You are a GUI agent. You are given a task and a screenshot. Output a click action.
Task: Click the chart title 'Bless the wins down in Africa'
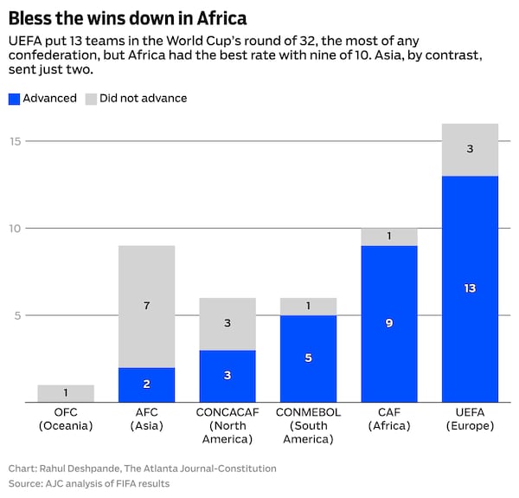(127, 18)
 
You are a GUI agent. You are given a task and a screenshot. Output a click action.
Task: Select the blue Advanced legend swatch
(14, 99)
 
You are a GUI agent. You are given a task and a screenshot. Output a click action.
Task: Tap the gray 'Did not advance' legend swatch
(91, 99)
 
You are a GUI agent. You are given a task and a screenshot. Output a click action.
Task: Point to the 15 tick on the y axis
(16, 141)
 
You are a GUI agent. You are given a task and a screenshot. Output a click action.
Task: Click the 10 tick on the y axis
(16, 229)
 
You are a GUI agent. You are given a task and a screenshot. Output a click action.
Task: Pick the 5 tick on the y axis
(17, 315)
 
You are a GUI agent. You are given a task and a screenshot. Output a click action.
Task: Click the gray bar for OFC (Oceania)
(66, 393)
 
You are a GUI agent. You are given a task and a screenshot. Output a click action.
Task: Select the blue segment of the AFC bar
(147, 385)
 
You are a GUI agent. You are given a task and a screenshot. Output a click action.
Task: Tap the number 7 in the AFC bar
(147, 305)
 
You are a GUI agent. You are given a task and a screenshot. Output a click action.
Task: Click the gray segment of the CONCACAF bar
(227, 324)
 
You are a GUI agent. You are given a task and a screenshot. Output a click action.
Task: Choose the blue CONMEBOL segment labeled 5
(308, 359)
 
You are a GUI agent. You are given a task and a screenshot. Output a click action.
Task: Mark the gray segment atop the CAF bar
(389, 237)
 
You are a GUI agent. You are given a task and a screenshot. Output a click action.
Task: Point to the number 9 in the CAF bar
(389, 323)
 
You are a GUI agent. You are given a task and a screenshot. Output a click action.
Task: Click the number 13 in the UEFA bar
(470, 288)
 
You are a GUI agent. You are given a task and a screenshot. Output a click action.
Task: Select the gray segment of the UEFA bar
(470, 150)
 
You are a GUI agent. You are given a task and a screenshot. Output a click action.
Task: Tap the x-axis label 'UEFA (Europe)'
(470, 419)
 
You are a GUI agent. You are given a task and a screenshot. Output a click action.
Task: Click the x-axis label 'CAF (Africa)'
(389, 419)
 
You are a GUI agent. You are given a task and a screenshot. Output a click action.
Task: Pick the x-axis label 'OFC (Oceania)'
(66, 419)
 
